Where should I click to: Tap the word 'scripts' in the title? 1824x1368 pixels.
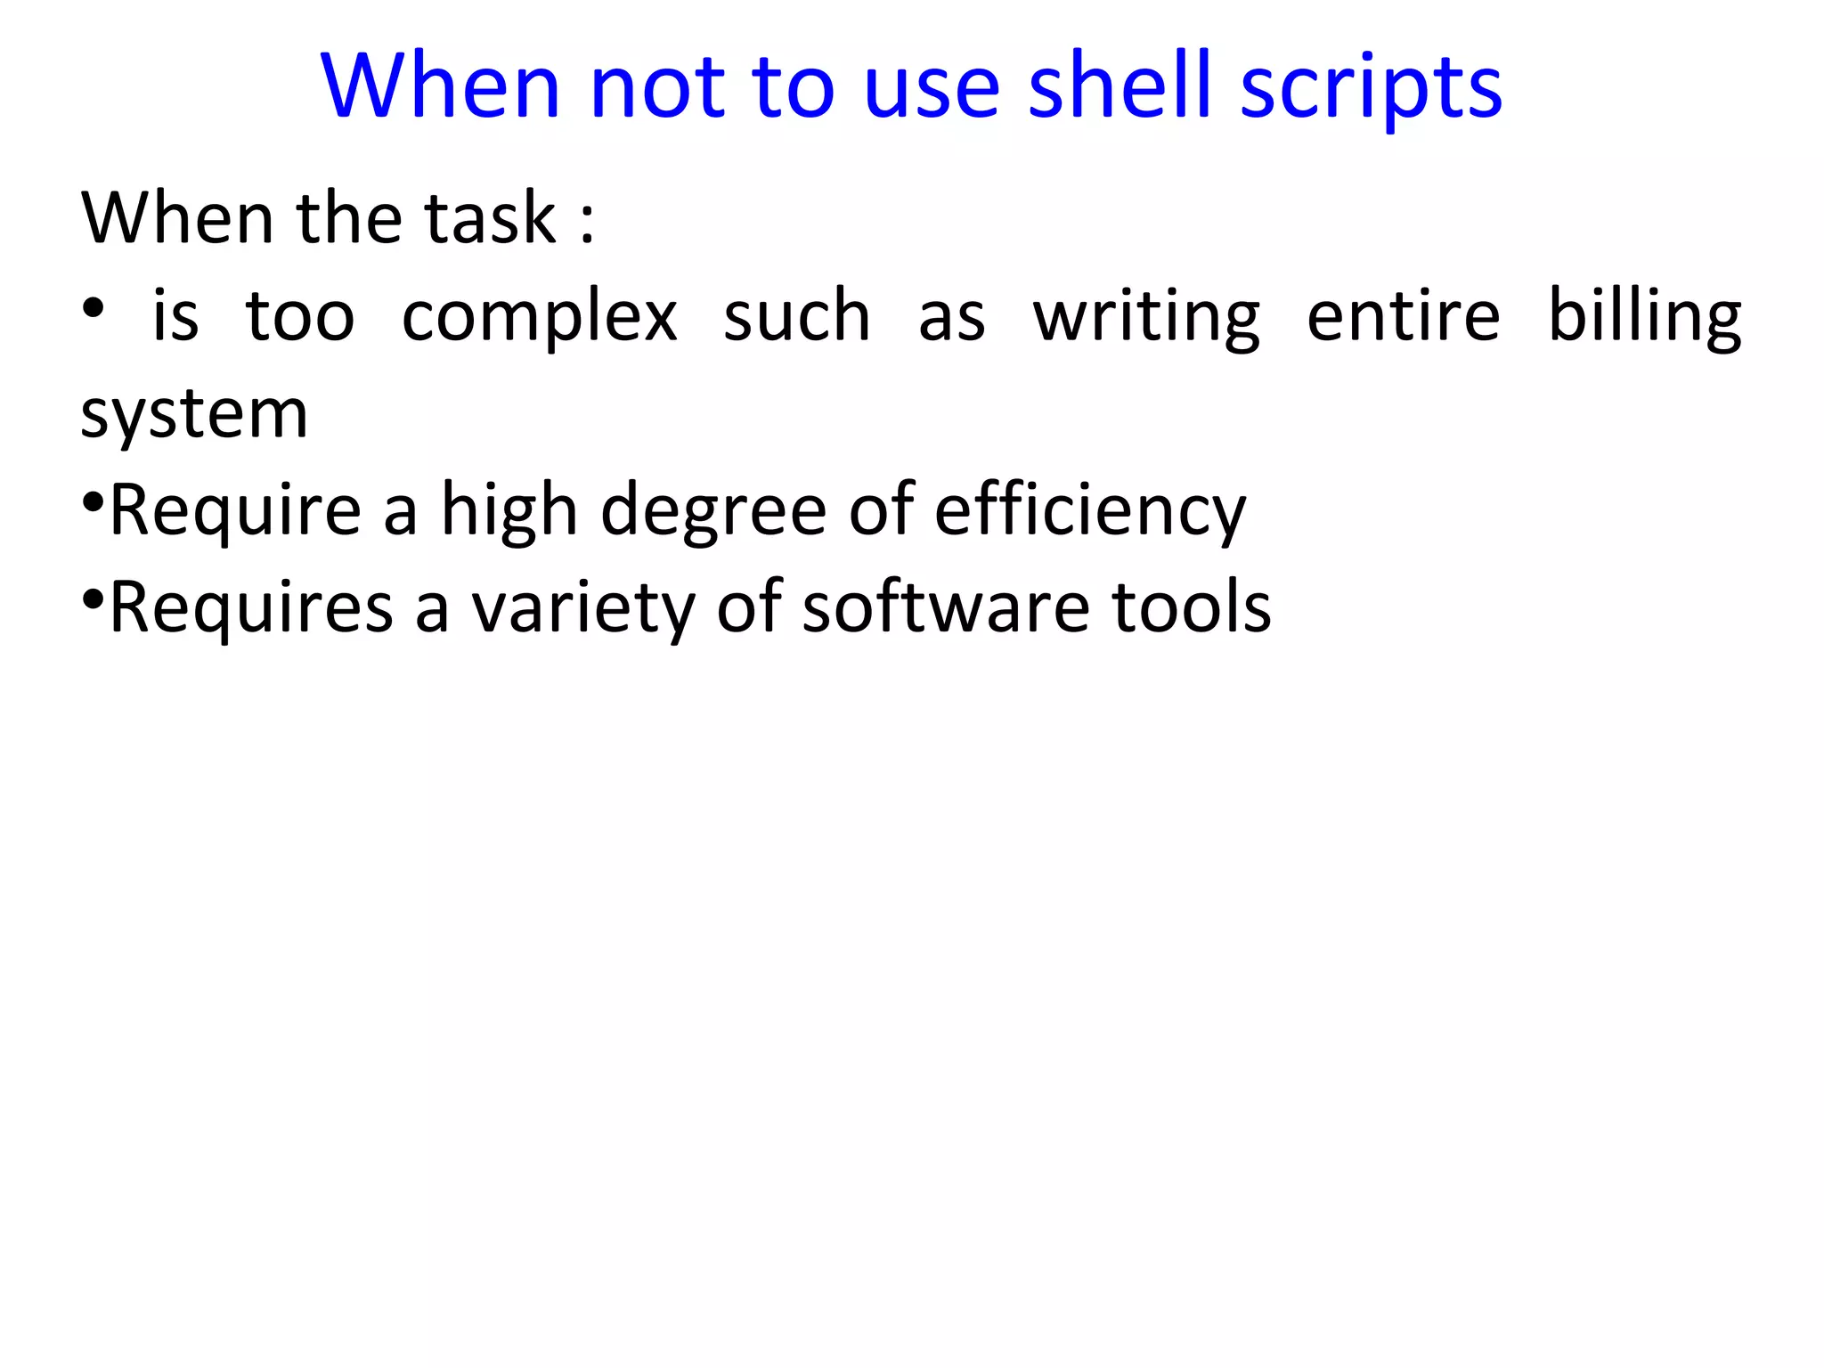1371,87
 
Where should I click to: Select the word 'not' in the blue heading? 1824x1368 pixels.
655,86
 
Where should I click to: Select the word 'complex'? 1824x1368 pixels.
539,317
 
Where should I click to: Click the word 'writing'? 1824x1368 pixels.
1146,317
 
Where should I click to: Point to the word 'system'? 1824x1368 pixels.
194,414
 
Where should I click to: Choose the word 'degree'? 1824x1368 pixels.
713,511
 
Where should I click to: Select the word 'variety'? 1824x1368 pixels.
582,608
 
